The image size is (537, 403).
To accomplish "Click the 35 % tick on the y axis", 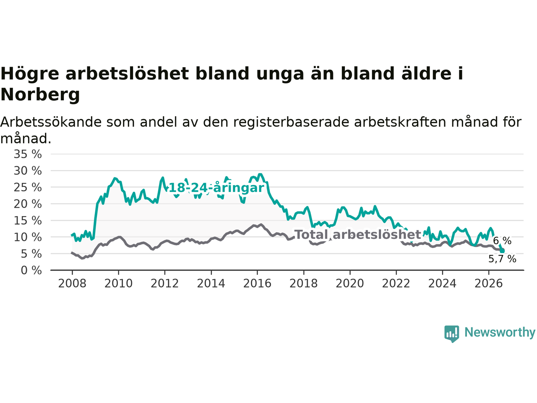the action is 28,154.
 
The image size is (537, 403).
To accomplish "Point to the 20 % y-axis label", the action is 28,204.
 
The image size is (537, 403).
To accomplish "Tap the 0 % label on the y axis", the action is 31,270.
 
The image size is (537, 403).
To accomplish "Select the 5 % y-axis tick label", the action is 31,254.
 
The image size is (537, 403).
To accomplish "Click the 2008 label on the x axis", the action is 72,284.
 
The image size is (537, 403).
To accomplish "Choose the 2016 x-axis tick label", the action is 257,284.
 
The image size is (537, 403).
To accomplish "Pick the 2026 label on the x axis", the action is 489,284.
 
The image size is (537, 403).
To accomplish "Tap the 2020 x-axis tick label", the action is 350,284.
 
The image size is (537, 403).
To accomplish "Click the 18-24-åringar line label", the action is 216,188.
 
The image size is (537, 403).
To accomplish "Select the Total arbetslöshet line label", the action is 357,235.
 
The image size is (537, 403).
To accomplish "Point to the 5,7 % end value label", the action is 502,259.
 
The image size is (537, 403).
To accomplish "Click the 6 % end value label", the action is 502,241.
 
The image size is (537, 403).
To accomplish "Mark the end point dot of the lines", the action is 502,251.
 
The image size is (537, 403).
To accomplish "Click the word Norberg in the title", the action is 40,95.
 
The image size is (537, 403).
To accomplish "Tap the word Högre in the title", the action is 30,74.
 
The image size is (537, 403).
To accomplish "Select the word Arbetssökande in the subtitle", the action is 51,122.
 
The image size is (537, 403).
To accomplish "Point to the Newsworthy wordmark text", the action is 500,332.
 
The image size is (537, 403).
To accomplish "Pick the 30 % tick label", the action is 28,171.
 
